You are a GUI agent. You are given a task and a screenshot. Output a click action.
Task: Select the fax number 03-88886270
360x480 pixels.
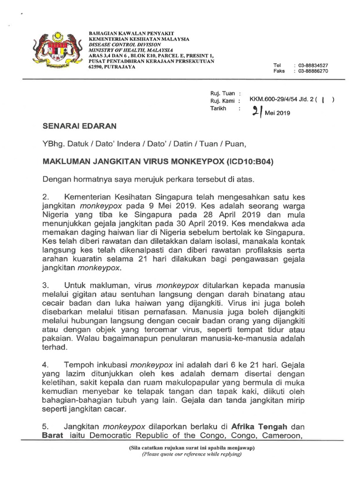coord(311,71)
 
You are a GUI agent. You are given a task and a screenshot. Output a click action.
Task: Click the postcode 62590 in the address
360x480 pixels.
coord(97,67)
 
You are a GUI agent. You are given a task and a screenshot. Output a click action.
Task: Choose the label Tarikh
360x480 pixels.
coord(220,108)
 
